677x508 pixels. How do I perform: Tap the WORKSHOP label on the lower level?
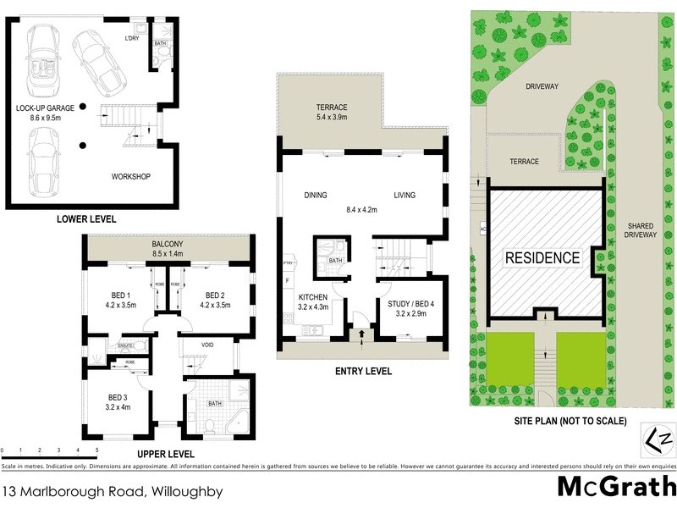(130, 176)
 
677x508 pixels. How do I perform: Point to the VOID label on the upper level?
(207, 345)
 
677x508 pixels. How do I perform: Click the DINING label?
(316, 196)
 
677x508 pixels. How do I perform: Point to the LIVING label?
(405, 196)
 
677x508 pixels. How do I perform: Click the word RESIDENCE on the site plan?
(542, 257)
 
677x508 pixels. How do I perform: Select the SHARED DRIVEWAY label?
(641, 231)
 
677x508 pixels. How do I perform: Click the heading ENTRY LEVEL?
(364, 371)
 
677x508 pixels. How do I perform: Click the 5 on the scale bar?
(96, 450)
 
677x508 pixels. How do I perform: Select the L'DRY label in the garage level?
(132, 38)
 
